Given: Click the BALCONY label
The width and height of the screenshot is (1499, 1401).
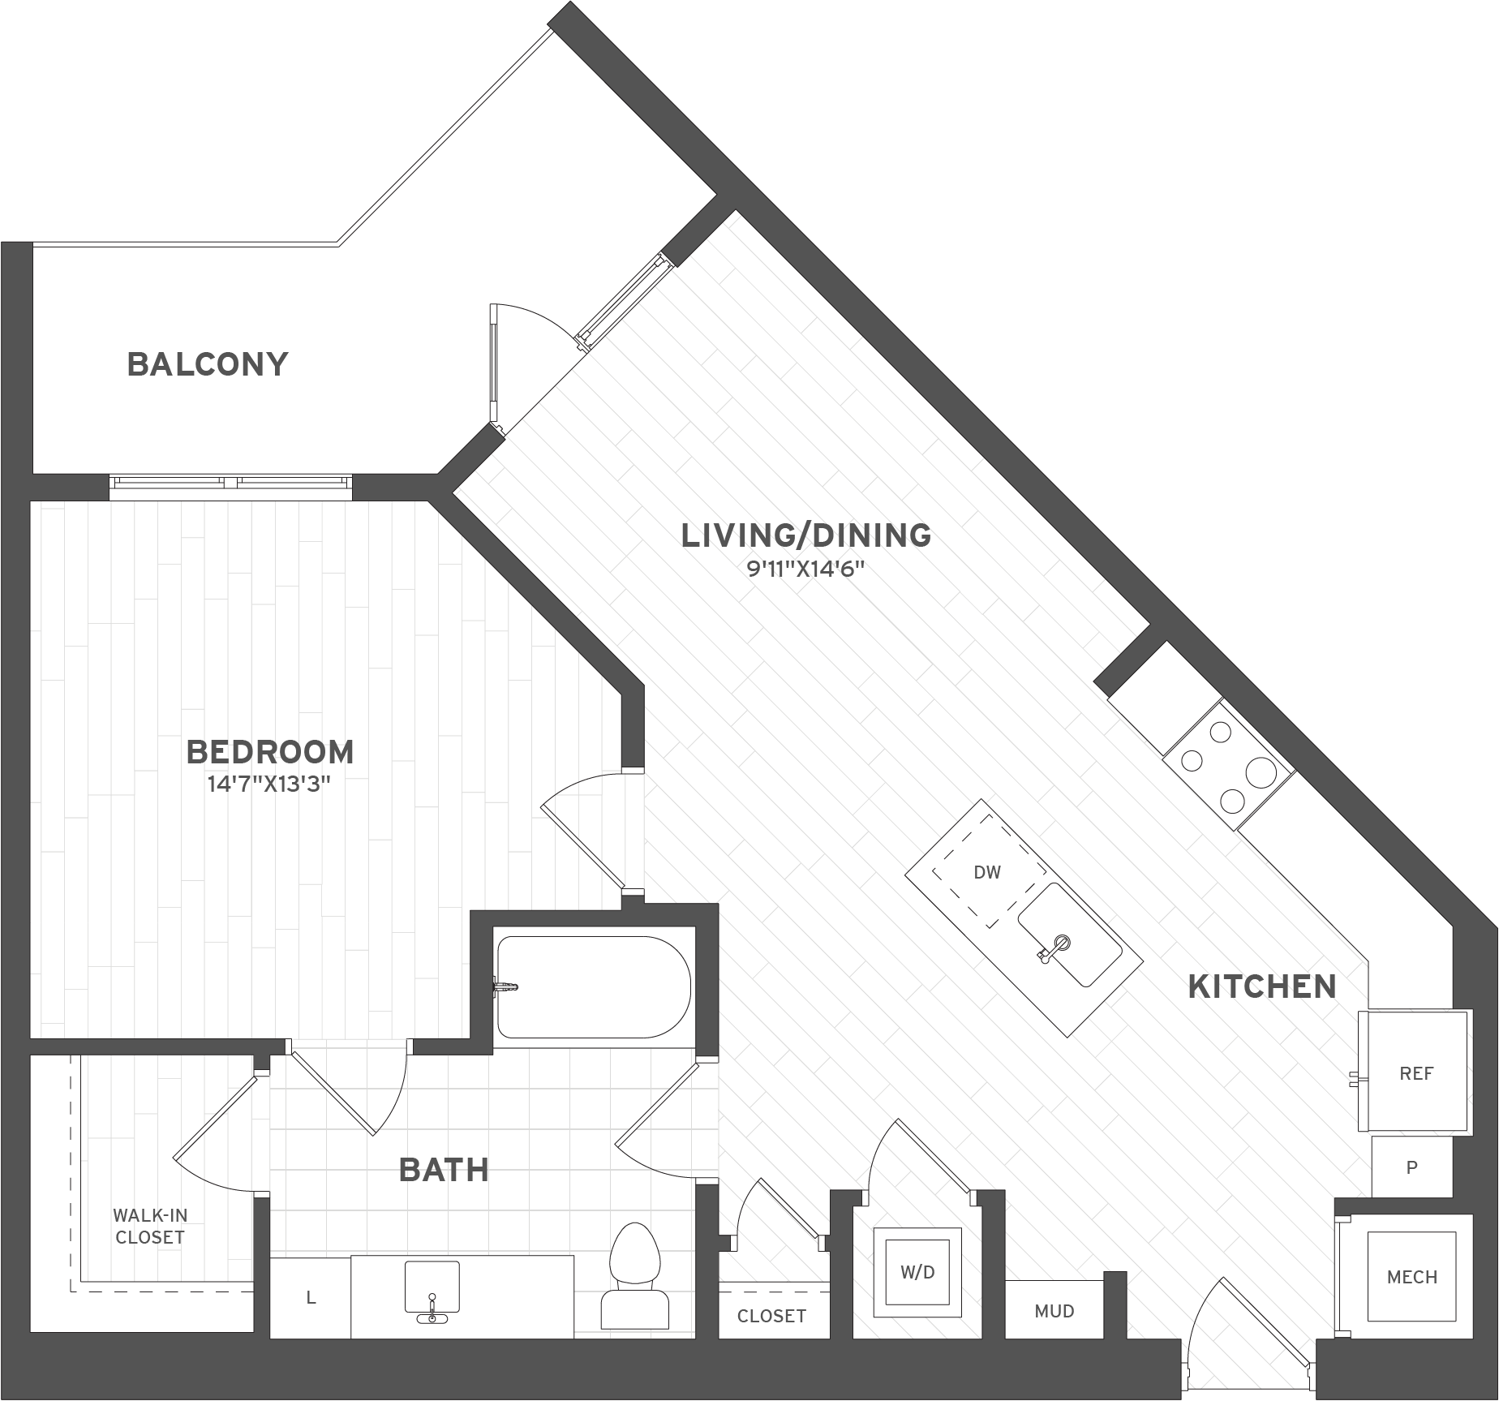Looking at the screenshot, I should (208, 364).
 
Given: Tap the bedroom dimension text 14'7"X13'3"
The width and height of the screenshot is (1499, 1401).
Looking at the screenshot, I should (270, 784).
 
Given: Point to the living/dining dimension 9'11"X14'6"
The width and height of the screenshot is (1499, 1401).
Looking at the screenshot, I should (805, 569).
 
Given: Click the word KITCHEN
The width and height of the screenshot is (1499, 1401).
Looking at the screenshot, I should (1262, 986).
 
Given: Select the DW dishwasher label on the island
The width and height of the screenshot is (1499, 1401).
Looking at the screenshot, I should (987, 872).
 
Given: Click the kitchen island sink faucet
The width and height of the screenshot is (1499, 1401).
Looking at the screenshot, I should (1059, 944).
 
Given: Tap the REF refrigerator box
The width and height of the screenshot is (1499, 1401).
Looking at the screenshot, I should (1416, 1073).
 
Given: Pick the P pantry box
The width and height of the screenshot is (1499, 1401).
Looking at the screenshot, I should (1411, 1167).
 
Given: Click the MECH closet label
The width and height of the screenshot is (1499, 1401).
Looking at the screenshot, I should (1412, 1277).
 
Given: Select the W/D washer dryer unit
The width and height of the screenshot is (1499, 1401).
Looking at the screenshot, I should (917, 1272).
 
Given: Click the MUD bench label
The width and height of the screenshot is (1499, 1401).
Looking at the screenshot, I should (1054, 1311).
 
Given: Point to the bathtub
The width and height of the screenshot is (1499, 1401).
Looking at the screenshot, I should (594, 987).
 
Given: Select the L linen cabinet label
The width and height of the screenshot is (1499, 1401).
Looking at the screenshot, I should (311, 1298).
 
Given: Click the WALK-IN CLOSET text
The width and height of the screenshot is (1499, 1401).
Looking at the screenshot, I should (150, 1226).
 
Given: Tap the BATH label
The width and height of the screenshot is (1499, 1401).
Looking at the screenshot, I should (444, 1170).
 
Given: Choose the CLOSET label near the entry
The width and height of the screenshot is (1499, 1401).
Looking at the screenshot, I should (771, 1316).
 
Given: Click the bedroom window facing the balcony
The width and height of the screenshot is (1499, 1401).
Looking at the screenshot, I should (231, 483).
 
